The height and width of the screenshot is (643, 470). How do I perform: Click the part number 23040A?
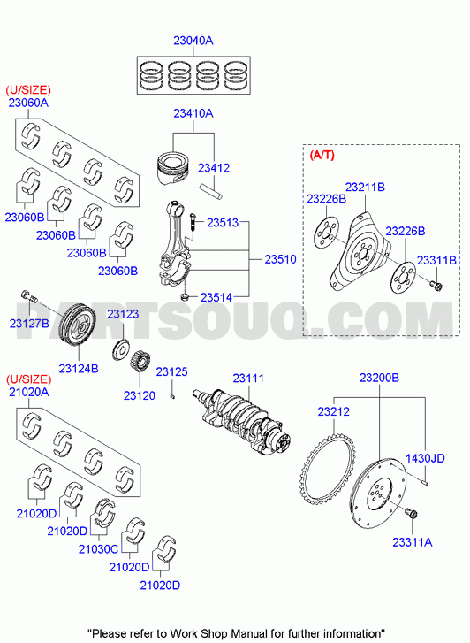click(x=193, y=41)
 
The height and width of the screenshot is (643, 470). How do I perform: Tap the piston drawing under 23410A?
click(x=174, y=168)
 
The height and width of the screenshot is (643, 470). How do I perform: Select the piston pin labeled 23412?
click(x=212, y=192)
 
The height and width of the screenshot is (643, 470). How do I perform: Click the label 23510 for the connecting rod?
click(x=280, y=259)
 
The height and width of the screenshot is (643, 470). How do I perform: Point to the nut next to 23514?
click(x=185, y=296)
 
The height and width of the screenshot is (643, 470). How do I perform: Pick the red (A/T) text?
click(x=322, y=155)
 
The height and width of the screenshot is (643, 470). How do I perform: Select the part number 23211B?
click(x=365, y=187)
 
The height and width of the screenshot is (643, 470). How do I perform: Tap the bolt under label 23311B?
click(x=436, y=285)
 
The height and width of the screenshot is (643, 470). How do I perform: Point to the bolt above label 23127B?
click(x=28, y=297)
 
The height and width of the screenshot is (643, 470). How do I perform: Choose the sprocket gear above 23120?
click(x=140, y=361)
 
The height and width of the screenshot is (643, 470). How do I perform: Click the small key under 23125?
click(x=172, y=395)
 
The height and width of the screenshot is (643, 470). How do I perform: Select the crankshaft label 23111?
click(x=248, y=378)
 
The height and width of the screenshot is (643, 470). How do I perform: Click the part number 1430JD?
click(x=425, y=458)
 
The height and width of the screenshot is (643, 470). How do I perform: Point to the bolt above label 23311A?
click(x=411, y=513)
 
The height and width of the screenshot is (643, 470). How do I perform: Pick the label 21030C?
click(x=98, y=548)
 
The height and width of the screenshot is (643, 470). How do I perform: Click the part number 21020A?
click(x=28, y=392)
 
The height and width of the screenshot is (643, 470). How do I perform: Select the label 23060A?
click(x=28, y=103)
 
